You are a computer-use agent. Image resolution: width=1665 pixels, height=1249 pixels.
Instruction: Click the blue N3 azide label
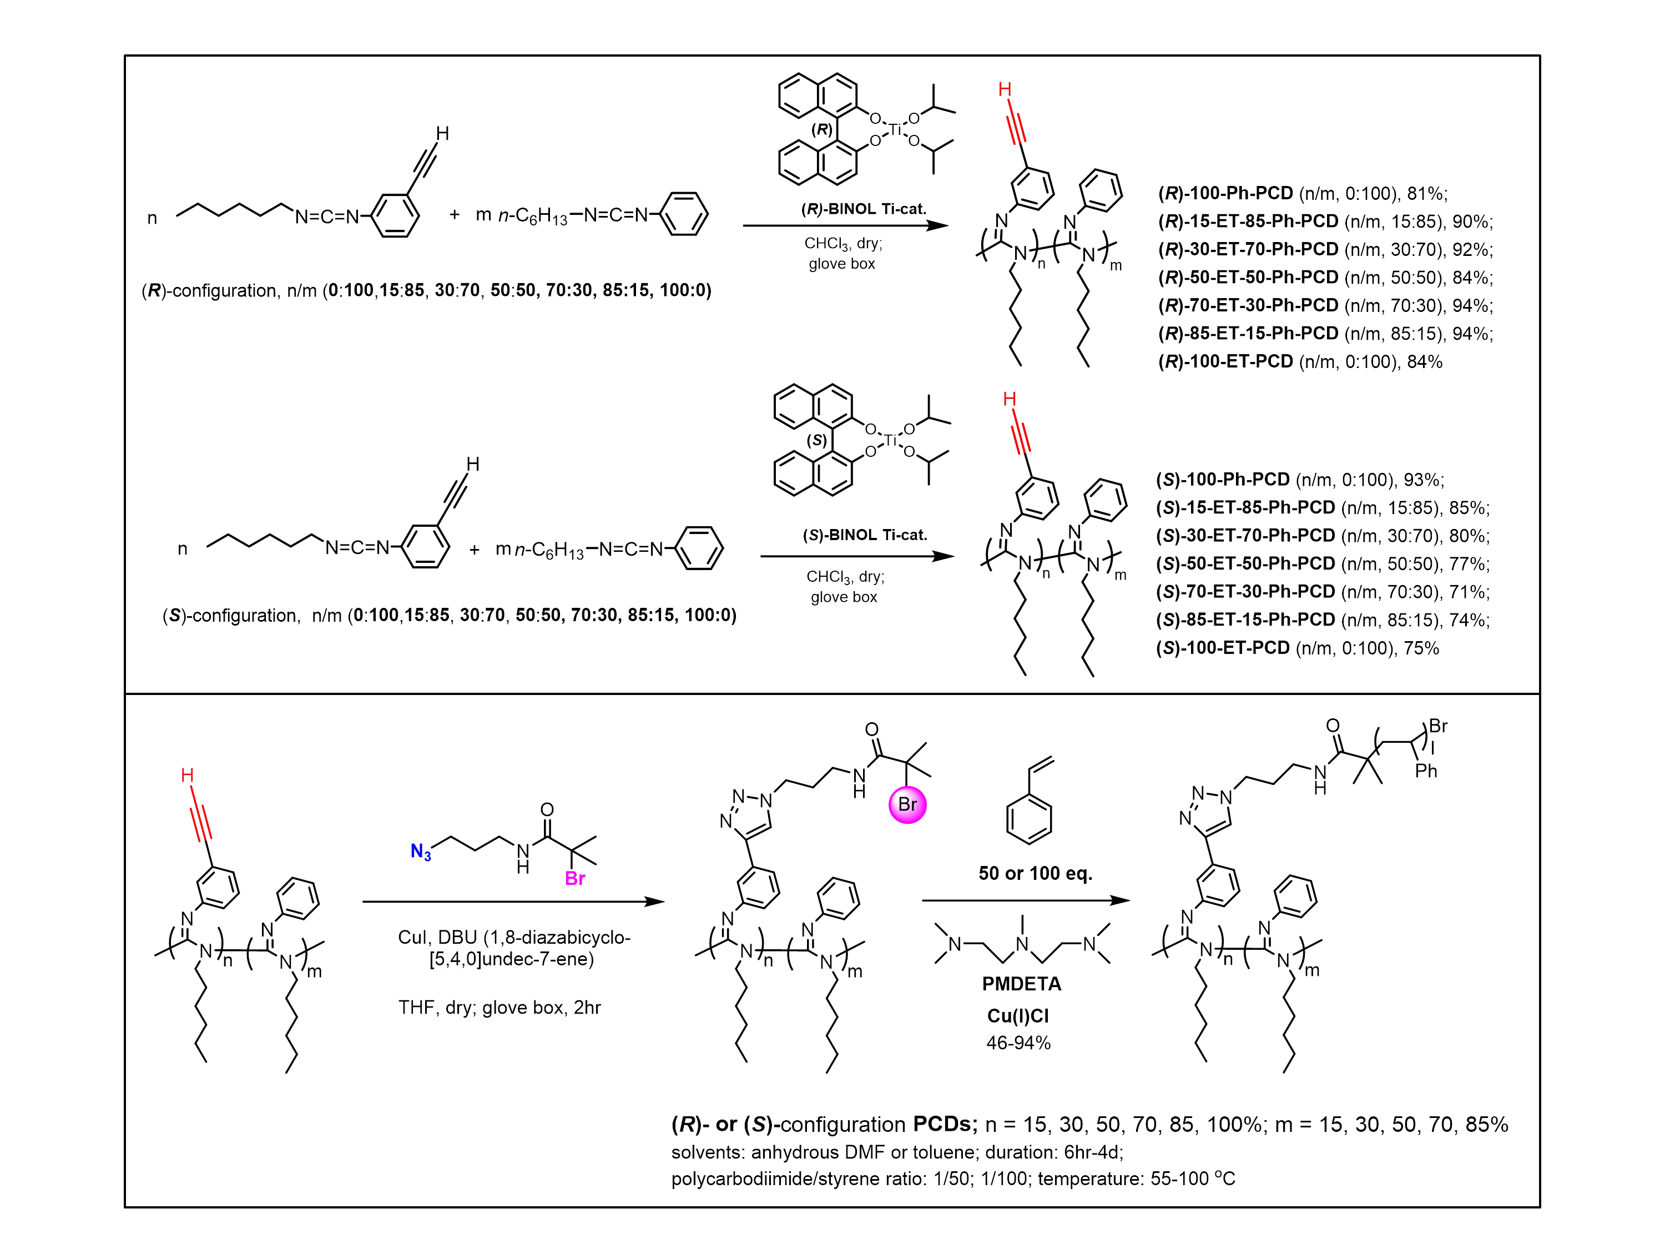(x=421, y=852)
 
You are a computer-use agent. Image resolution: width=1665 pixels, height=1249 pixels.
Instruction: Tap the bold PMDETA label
(x=1021, y=984)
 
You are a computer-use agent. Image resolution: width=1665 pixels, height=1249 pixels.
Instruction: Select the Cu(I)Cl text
(x=1018, y=1016)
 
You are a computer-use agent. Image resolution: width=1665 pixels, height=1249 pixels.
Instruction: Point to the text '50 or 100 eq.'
(x=1035, y=873)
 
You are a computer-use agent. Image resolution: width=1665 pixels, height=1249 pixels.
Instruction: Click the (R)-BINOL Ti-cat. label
(x=864, y=209)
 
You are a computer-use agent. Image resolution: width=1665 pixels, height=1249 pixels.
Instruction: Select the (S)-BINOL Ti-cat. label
(x=865, y=535)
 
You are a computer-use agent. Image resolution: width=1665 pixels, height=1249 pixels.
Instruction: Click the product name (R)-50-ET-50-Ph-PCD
(x=1248, y=278)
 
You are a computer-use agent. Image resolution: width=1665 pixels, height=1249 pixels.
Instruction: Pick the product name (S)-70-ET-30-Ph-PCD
(x=1245, y=592)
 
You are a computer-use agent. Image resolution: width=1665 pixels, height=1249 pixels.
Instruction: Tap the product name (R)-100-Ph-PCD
(x=1225, y=194)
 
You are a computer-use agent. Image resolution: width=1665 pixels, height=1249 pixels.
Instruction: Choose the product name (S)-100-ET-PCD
(x=1223, y=648)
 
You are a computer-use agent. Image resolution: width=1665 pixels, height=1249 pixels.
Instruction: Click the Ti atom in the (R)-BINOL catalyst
(x=894, y=129)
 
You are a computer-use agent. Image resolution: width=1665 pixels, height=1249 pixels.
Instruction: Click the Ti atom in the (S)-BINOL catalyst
(x=890, y=440)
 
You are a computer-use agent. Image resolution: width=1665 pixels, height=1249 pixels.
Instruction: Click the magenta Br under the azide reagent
(x=575, y=879)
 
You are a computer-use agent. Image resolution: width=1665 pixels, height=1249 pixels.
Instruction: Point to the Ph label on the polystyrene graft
(x=1426, y=771)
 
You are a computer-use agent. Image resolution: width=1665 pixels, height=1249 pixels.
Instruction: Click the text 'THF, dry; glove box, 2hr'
(x=499, y=1008)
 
